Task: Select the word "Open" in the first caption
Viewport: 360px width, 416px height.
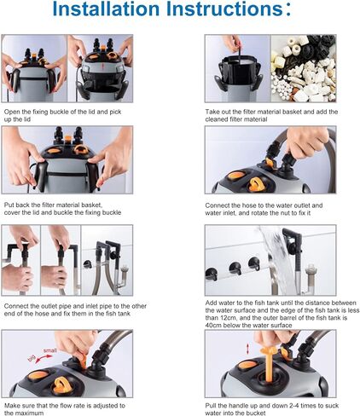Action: tap(12, 112)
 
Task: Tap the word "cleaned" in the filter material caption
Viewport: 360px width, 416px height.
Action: tap(221, 120)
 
